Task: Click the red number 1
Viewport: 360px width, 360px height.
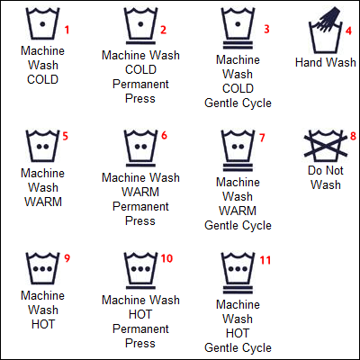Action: [x=67, y=30]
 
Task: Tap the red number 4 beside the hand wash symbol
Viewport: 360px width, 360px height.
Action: [x=348, y=31]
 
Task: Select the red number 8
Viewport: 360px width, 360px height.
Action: [x=354, y=136]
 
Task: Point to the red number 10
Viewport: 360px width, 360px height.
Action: [x=166, y=258]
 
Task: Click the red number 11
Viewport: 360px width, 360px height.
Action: [x=265, y=260]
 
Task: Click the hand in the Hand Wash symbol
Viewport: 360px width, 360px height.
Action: [x=328, y=19]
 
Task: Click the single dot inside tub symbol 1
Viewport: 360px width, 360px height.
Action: [x=42, y=24]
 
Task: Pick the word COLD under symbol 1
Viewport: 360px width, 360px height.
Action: [x=42, y=79]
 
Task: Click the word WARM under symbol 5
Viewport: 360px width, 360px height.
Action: [x=43, y=202]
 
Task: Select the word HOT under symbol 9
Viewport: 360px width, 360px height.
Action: [x=43, y=324]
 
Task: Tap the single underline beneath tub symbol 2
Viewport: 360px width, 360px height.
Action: [x=140, y=43]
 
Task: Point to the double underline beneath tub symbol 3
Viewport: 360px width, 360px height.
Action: [x=238, y=45]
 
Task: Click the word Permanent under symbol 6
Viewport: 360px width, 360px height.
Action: [x=140, y=206]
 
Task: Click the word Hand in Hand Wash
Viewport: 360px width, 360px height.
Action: [x=309, y=62]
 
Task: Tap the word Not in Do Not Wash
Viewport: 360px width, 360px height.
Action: [x=333, y=170]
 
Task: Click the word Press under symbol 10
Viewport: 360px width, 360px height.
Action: [x=140, y=343]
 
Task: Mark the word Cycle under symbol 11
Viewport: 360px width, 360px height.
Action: [x=256, y=348]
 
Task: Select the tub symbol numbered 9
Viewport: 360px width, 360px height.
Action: [x=42, y=268]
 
